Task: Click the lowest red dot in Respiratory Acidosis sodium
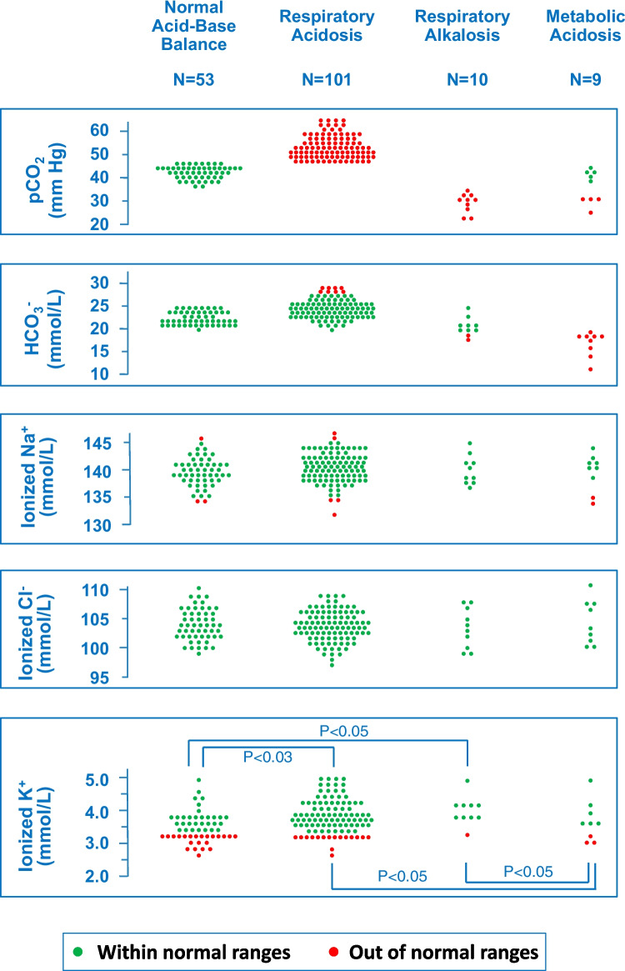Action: [333, 514]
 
